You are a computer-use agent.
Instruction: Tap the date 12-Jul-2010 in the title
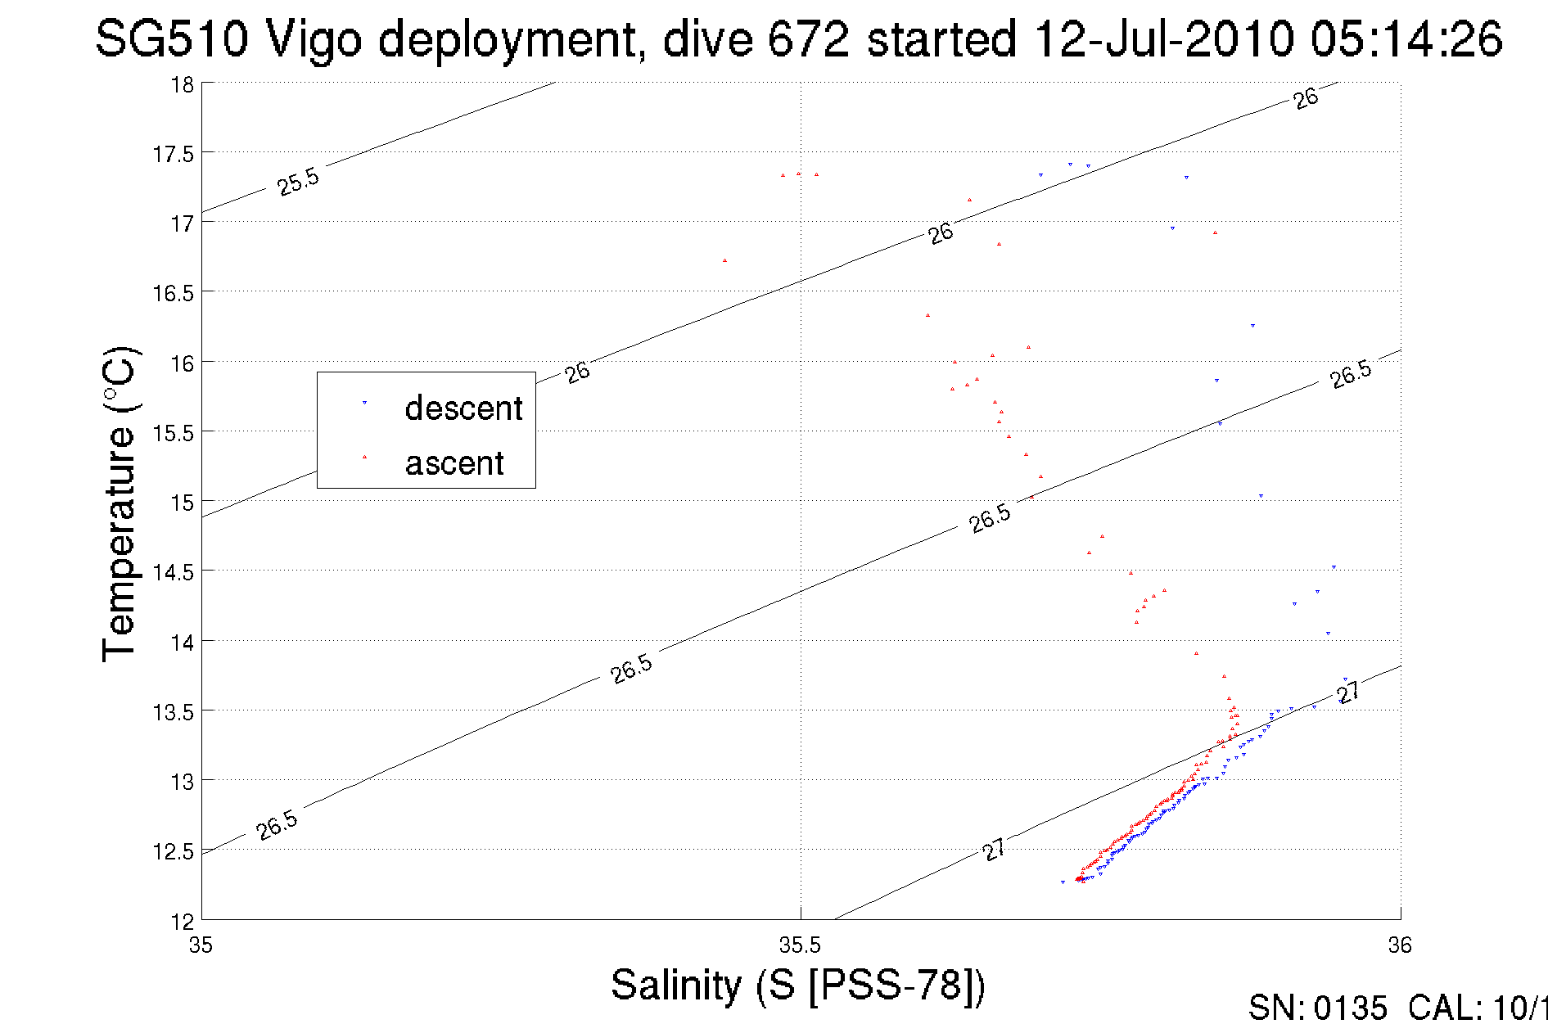pos(1164,39)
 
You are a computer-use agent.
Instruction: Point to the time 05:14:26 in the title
pos(1406,39)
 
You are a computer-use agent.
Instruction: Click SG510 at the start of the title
pos(171,39)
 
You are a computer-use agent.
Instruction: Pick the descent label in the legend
pos(463,408)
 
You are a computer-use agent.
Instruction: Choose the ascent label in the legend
pos(454,463)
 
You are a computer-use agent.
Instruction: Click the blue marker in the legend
pos(364,403)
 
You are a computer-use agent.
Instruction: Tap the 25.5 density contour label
pos(298,181)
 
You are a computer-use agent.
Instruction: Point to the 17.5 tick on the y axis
pos(173,154)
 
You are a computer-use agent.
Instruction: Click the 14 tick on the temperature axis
pos(182,643)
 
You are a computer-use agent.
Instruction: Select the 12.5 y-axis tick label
pos(173,852)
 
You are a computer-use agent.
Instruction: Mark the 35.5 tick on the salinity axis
pos(800,945)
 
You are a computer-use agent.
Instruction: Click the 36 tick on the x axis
pos(1399,945)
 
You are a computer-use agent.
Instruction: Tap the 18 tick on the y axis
pos(182,84)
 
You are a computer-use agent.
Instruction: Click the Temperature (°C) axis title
pos(119,504)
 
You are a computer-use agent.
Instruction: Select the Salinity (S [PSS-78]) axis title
pos(798,985)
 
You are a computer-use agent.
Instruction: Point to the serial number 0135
pos(1350,1008)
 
